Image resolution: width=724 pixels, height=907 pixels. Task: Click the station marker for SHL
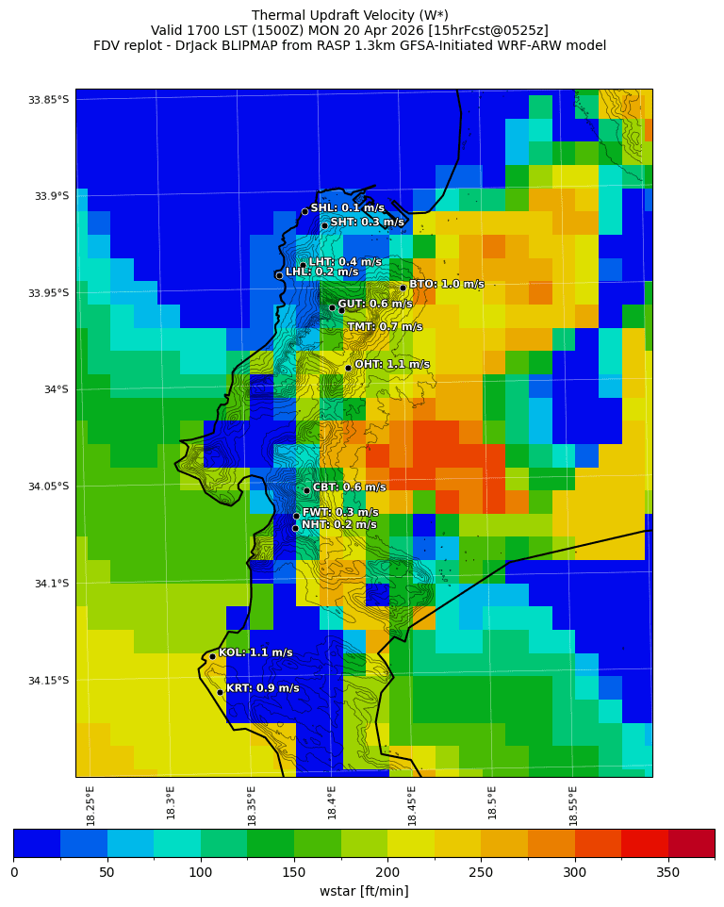click(x=304, y=211)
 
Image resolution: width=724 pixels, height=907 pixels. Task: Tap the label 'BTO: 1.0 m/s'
click(x=446, y=284)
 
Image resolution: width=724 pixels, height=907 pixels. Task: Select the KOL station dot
click(x=212, y=656)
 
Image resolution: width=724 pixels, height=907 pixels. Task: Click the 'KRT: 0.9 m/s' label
click(x=262, y=688)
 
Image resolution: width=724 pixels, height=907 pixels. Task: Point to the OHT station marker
click(x=348, y=368)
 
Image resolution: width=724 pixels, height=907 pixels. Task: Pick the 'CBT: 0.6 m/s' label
click(x=349, y=487)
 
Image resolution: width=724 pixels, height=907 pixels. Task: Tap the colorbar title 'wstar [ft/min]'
click(x=364, y=891)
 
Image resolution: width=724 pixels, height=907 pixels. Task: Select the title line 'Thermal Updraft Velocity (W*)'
click(x=350, y=15)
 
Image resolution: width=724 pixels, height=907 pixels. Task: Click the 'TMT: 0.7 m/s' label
click(x=385, y=327)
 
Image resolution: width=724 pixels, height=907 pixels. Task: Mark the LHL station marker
click(x=279, y=275)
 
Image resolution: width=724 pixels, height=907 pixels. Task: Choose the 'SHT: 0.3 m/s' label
click(x=367, y=223)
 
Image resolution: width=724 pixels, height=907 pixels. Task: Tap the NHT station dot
click(x=295, y=528)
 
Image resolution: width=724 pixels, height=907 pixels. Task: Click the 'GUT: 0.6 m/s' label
click(x=374, y=304)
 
